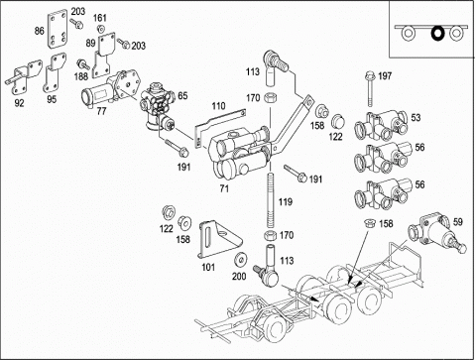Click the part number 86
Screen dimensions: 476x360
point(39,31)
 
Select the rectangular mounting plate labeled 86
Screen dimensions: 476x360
point(58,31)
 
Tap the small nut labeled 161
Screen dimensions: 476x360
point(101,28)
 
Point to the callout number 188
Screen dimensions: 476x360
point(81,76)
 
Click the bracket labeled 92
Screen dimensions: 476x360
point(24,77)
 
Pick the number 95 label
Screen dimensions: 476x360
point(52,99)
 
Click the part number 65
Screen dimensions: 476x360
point(182,96)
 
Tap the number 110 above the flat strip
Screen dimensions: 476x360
point(218,106)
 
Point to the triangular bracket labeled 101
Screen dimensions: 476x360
point(219,239)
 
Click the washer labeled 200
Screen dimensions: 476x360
point(239,260)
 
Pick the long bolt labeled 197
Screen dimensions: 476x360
point(370,89)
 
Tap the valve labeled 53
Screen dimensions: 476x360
point(381,126)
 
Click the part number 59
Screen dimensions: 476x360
point(457,222)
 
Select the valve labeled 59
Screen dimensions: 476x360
point(436,235)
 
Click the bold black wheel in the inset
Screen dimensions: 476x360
point(438,34)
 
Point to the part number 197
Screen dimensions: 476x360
point(385,76)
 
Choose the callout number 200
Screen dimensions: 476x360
point(239,276)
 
